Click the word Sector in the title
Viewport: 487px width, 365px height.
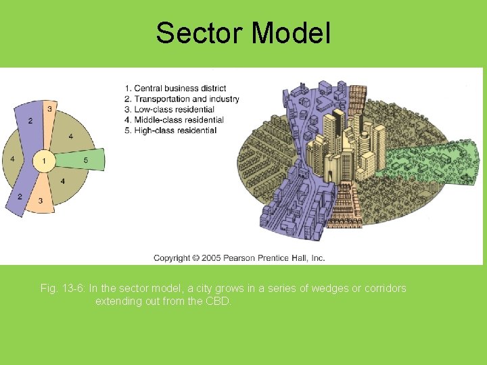pos(197,33)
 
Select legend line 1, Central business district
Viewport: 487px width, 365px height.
pos(175,89)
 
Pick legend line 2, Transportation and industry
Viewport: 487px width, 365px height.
pos(182,99)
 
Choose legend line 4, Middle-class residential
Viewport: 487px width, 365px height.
pos(174,120)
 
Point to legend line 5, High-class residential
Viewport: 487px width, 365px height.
pos(170,130)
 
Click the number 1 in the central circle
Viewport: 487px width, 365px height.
pos(44,161)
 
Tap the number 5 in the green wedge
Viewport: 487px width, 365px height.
pos(86,160)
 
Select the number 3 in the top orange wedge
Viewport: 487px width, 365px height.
pos(49,108)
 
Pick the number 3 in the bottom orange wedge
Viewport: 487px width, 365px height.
pos(41,201)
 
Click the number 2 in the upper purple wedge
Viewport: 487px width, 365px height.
pos(30,120)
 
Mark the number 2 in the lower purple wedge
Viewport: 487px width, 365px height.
pos(20,197)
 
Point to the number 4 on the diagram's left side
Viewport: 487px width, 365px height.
pos(12,160)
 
